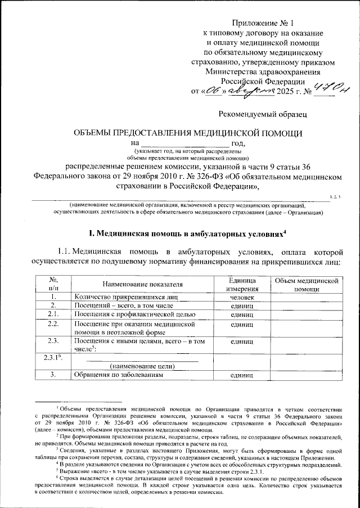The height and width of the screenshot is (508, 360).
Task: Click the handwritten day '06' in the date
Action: click(213, 90)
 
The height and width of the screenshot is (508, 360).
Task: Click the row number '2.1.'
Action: click(53, 313)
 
